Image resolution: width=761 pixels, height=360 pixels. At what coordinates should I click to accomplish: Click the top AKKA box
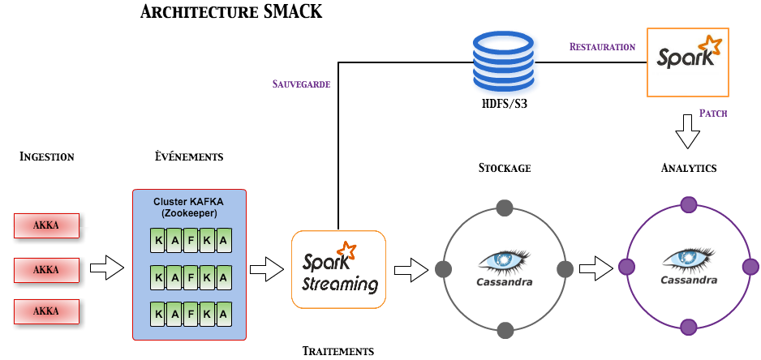coord(46,225)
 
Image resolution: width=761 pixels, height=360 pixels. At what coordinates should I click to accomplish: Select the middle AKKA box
coord(46,269)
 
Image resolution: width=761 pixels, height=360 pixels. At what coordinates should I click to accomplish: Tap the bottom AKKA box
coord(46,312)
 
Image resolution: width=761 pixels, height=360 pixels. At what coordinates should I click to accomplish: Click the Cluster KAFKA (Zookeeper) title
coord(189,207)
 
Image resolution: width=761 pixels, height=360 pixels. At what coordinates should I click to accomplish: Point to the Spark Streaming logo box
coord(338,269)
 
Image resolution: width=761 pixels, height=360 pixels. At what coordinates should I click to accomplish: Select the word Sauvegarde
coord(301,84)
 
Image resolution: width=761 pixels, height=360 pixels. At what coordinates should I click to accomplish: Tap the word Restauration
coord(602,47)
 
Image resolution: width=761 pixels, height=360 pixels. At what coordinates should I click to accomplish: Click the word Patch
coord(712,114)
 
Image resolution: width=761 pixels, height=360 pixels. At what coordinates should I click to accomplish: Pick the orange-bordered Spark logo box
coord(687,62)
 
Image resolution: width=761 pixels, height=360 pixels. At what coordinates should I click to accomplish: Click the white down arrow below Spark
coord(687,131)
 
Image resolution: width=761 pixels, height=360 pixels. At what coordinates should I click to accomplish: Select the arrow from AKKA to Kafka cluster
coord(105,268)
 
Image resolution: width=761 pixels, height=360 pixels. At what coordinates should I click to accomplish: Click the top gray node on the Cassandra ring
coord(505,207)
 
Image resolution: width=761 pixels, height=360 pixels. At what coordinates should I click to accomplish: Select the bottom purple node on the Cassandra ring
coord(688,328)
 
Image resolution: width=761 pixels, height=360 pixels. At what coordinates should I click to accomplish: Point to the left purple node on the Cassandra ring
coord(626,267)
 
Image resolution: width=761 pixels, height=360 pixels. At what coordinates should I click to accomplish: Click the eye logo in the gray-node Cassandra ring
coord(504,260)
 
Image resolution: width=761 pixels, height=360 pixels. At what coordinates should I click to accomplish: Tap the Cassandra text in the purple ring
coord(688,281)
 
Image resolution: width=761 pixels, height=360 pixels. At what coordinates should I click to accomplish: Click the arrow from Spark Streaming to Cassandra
coord(411,269)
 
